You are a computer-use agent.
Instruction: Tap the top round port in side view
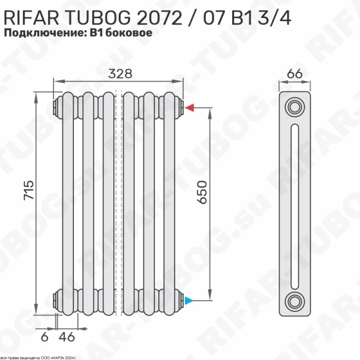(x=295, y=108)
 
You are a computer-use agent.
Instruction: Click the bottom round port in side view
(x=295, y=299)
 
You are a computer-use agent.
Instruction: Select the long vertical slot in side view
(x=295, y=204)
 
